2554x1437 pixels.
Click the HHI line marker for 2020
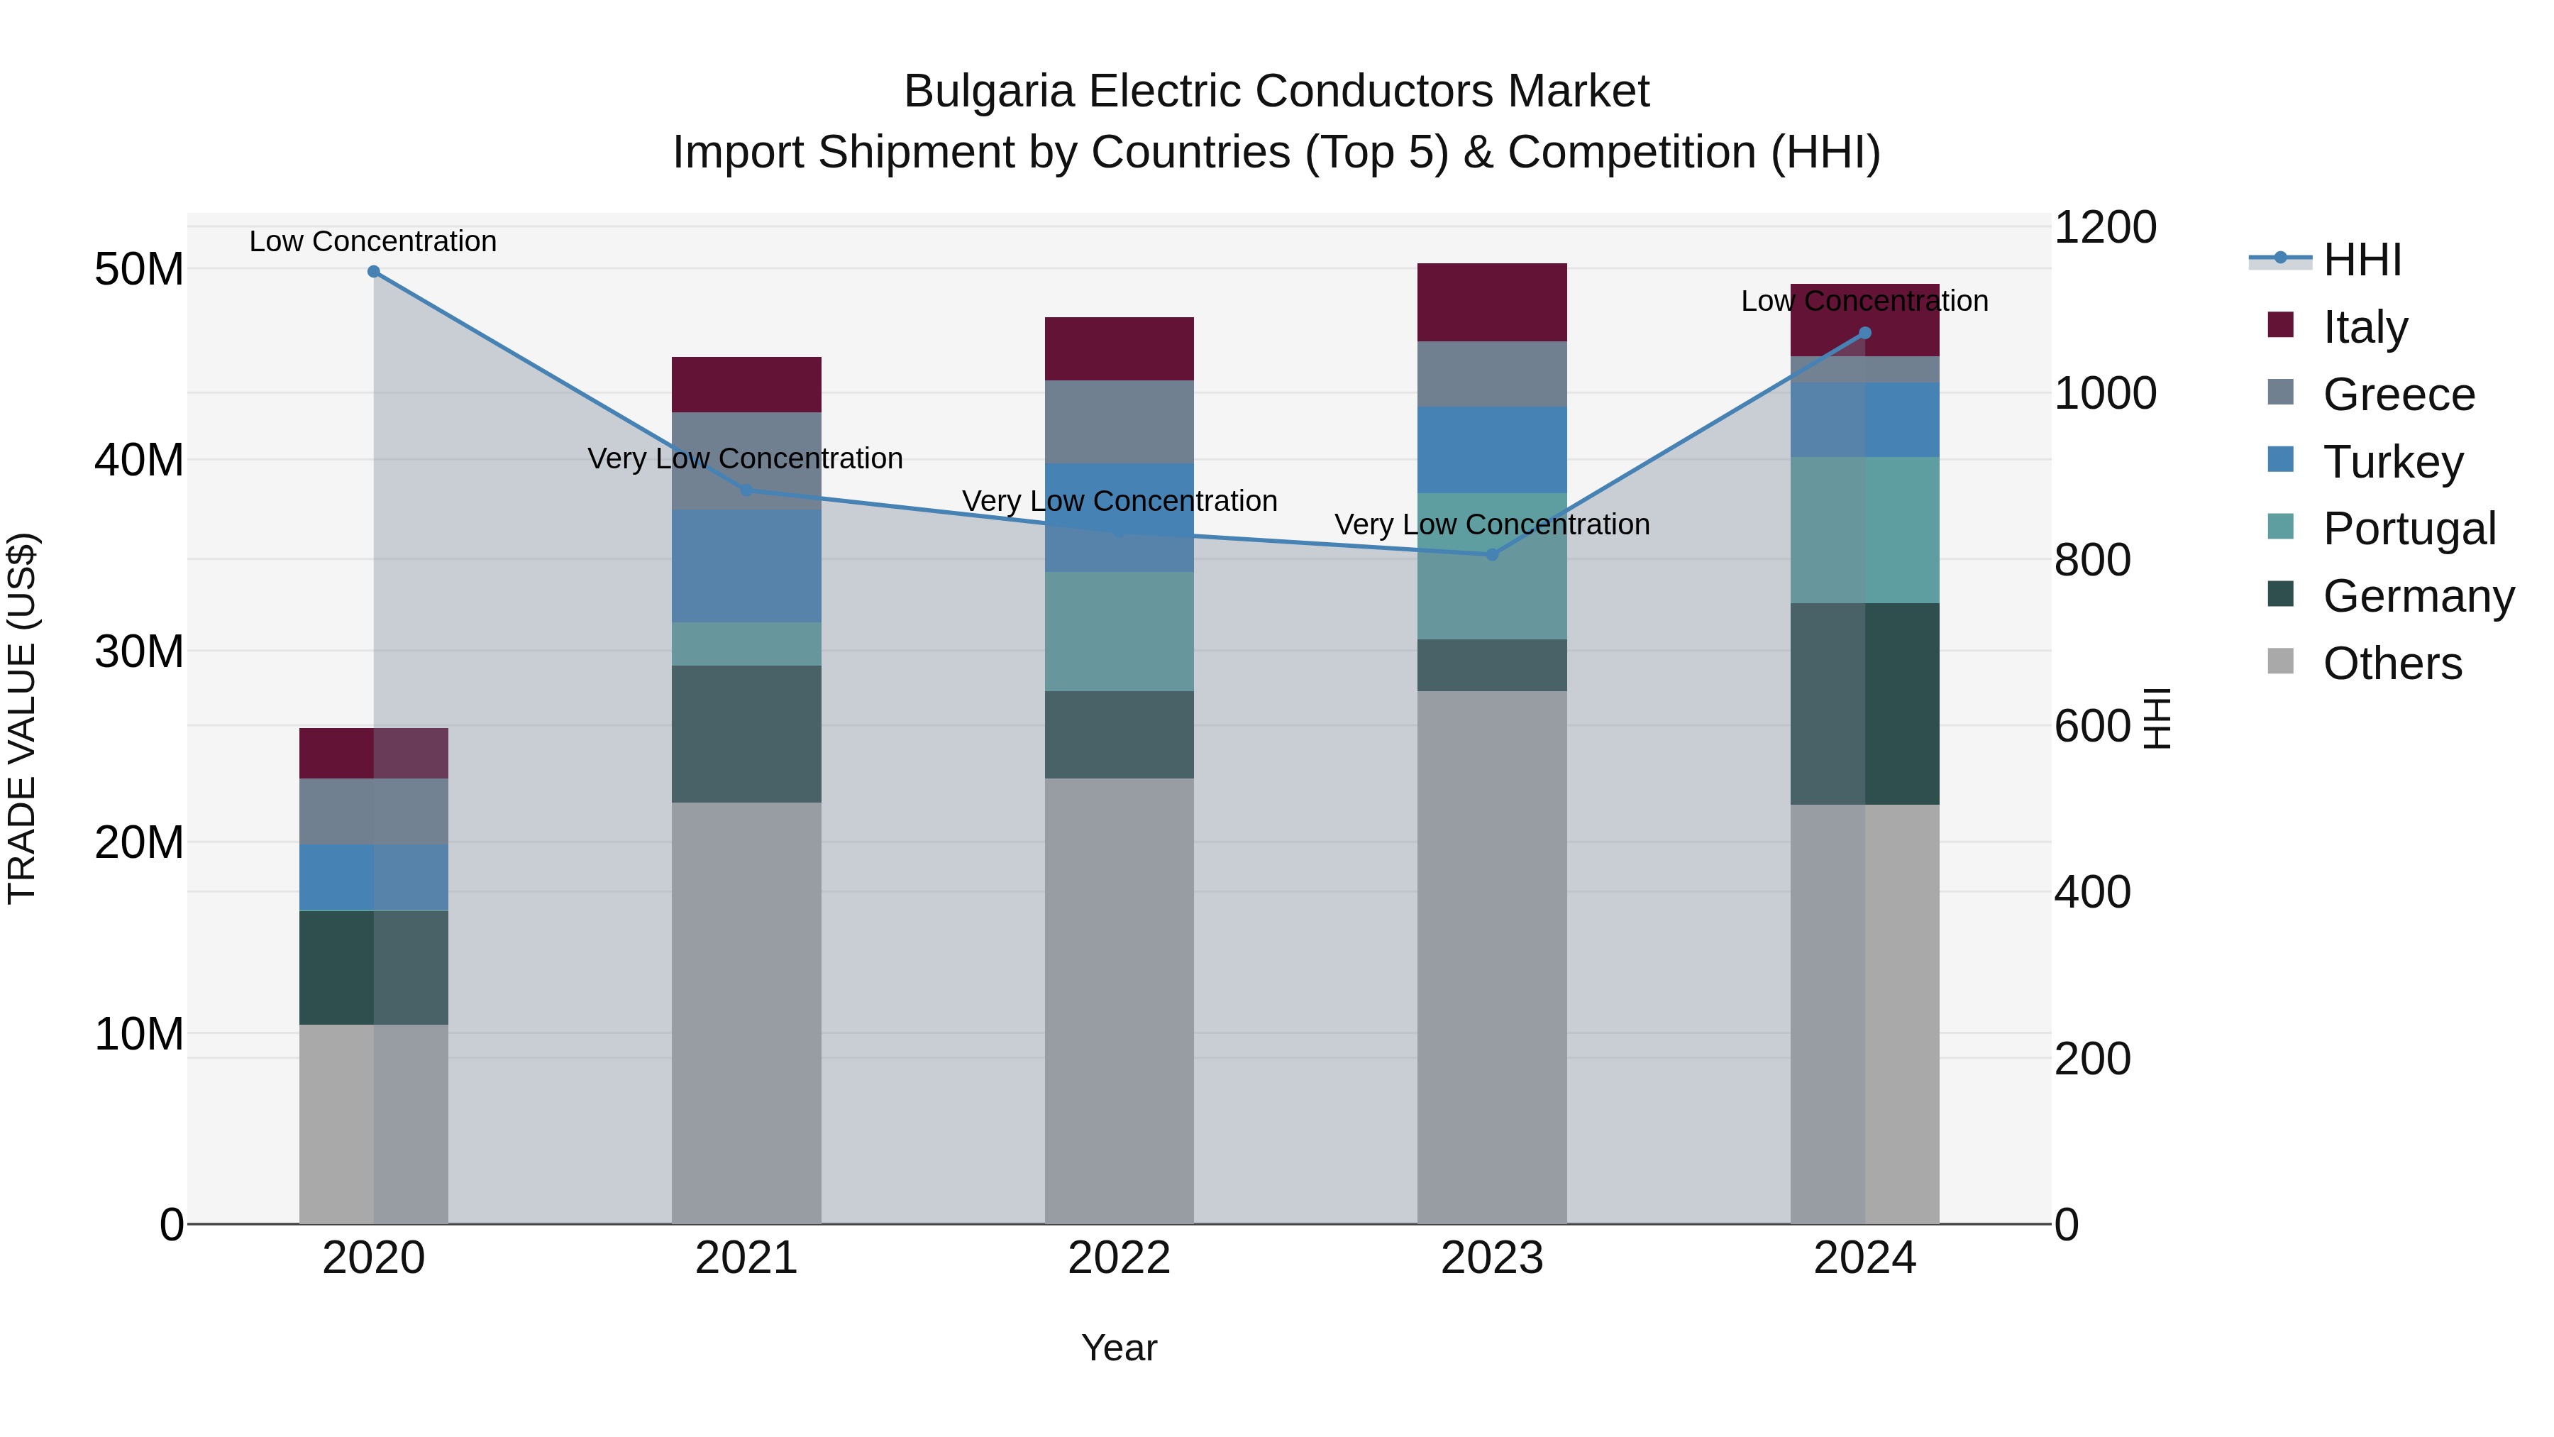[x=374, y=272]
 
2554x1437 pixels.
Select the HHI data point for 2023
[x=1492, y=554]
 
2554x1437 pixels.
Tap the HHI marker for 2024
[x=1865, y=334]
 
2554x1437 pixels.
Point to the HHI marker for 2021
[x=746, y=490]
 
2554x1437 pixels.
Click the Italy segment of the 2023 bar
[x=1492, y=302]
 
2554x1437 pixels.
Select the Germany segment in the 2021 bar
[x=746, y=734]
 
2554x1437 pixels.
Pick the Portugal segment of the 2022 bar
[x=1120, y=632]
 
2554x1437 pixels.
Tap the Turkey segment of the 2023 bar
[x=1492, y=449]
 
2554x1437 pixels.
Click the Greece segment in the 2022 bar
[x=1120, y=422]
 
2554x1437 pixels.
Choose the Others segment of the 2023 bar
[x=1492, y=957]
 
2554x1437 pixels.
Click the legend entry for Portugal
[x=2409, y=529]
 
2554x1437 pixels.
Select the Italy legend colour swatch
[x=2280, y=325]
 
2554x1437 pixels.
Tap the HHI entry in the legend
[x=2360, y=260]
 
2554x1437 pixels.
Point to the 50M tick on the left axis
[x=139, y=270]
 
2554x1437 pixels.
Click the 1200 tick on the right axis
[x=2104, y=227]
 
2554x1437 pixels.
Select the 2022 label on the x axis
[x=1120, y=1258]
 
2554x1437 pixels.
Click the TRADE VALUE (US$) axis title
[x=22, y=718]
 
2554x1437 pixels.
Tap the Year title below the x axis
[x=1120, y=1348]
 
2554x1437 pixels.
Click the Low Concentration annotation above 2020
[x=372, y=241]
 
